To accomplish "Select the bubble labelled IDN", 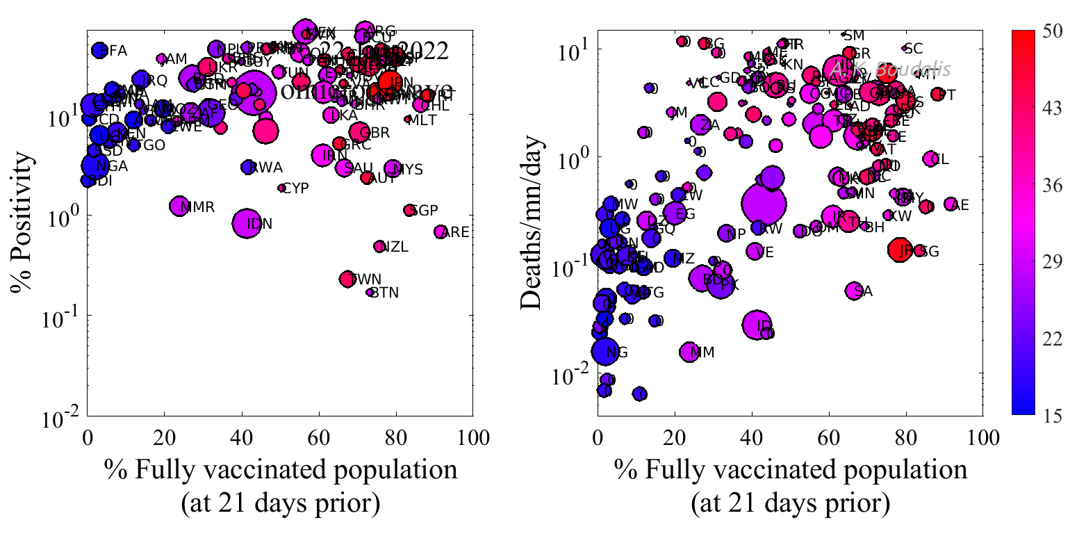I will tap(247, 222).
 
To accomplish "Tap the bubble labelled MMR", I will tap(179, 206).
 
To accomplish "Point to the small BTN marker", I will tap(370, 292).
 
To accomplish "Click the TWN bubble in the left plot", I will tap(347, 279).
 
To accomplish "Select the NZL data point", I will tap(379, 246).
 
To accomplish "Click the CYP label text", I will tap(295, 188).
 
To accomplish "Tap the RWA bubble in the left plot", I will tap(248, 167).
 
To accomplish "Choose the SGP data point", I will tap(409, 210).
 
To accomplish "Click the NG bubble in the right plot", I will tap(605, 352).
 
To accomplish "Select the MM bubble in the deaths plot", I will tap(689, 352).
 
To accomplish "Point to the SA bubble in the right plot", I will tap(855, 291).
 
